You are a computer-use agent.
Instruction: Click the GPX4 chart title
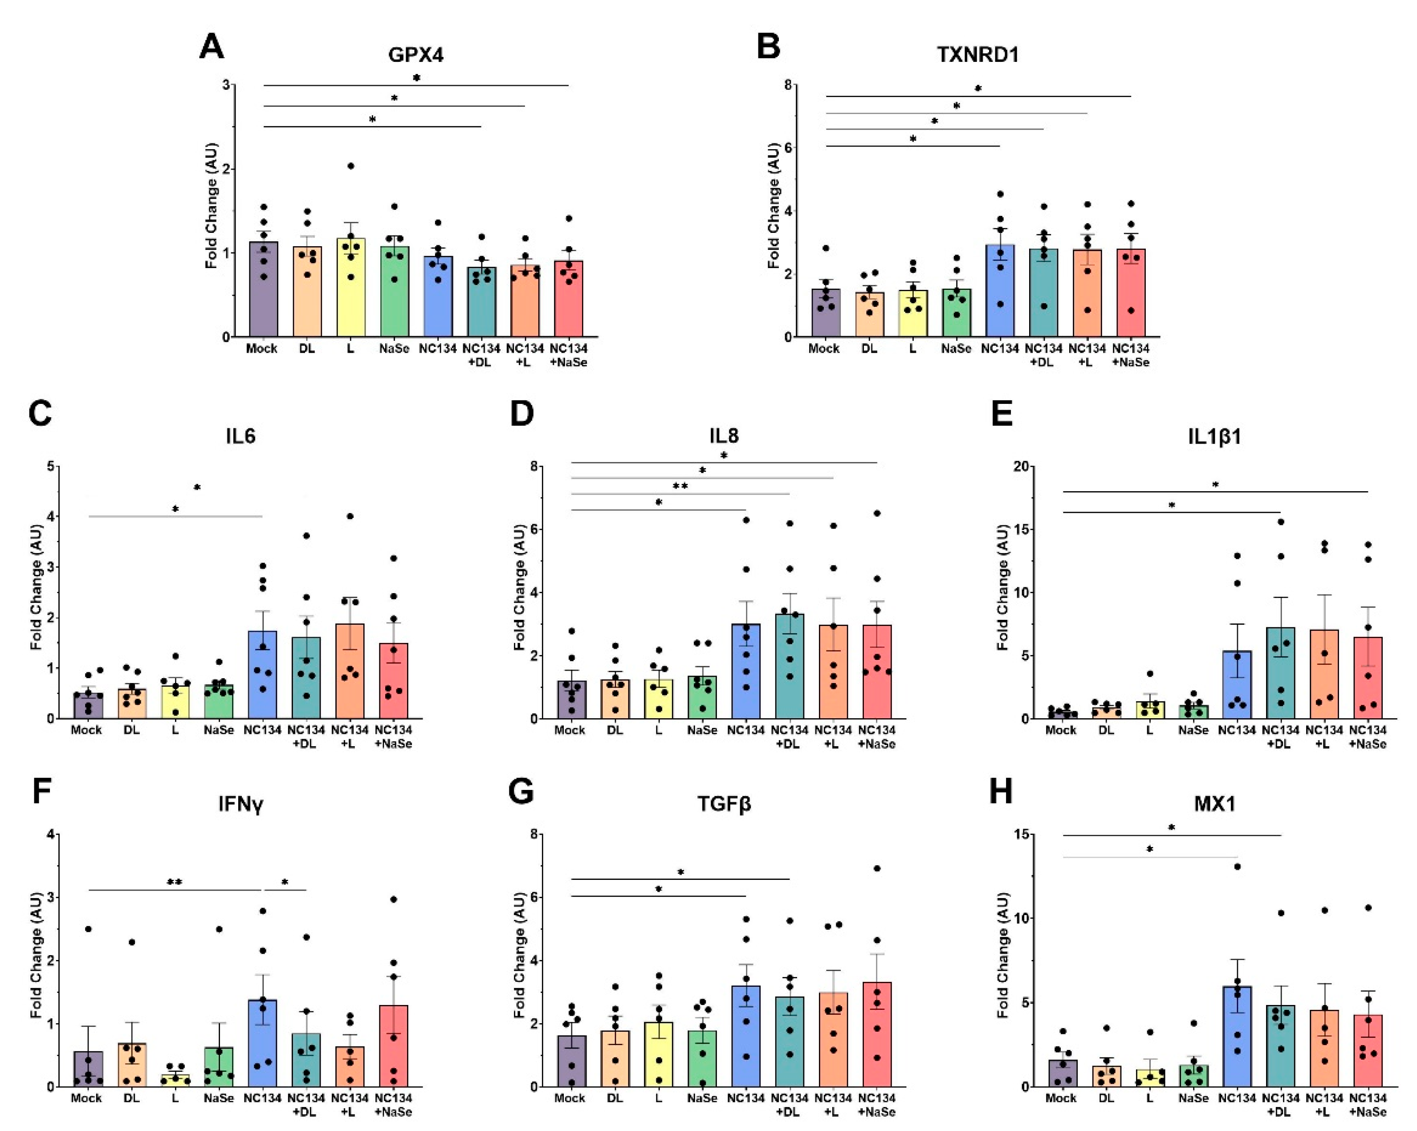click(x=415, y=54)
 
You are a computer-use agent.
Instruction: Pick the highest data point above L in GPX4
click(x=351, y=166)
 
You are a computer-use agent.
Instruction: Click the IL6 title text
click(x=240, y=436)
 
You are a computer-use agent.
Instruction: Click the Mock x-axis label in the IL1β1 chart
click(x=1060, y=730)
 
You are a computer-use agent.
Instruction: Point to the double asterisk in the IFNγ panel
click(x=174, y=883)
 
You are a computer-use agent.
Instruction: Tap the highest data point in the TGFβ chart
click(x=877, y=868)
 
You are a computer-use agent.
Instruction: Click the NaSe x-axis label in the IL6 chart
click(x=218, y=730)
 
